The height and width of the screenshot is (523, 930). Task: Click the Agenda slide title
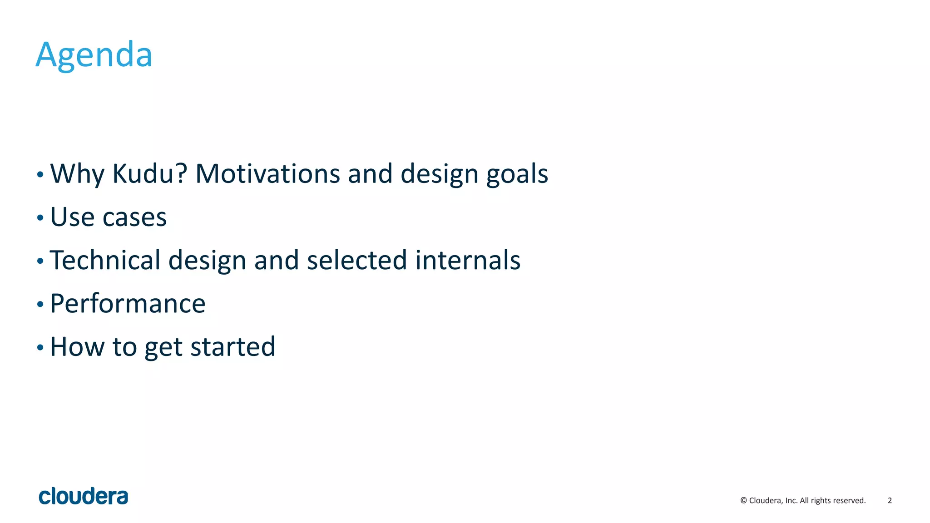94,55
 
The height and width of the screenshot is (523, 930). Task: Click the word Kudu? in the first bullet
150,173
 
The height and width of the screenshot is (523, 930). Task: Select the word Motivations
267,173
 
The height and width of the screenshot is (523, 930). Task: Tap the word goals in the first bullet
517,174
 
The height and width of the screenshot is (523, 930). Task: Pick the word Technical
105,260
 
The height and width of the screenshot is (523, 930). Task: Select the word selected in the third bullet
356,260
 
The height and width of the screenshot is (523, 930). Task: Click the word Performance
128,304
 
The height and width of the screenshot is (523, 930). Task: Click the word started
232,347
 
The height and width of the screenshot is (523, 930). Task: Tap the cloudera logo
84,496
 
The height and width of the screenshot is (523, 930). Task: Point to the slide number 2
890,500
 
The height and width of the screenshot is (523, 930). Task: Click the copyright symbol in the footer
743,500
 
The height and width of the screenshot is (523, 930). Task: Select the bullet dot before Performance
40,304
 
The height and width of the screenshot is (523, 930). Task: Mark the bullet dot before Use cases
40,218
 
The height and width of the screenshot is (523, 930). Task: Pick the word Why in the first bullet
77,174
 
